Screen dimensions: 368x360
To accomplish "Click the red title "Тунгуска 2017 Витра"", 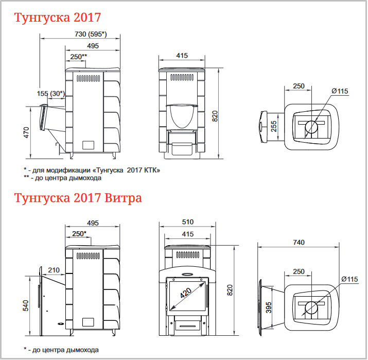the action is [x=78, y=198].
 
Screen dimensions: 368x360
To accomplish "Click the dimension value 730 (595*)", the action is [x=91, y=35].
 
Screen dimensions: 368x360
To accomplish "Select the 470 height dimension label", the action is [x=26, y=132].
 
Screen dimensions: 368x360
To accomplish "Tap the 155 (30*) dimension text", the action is [x=50, y=94].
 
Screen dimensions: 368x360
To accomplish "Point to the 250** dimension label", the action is [x=79, y=57].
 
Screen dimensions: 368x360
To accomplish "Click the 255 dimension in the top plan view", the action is [x=274, y=126].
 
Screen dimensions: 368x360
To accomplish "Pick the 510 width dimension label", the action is [x=188, y=222].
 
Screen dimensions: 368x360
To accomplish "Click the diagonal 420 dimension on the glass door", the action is [x=186, y=293].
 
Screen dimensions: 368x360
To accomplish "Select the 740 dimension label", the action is [x=299, y=243].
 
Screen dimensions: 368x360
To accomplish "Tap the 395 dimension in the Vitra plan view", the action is [x=269, y=307].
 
